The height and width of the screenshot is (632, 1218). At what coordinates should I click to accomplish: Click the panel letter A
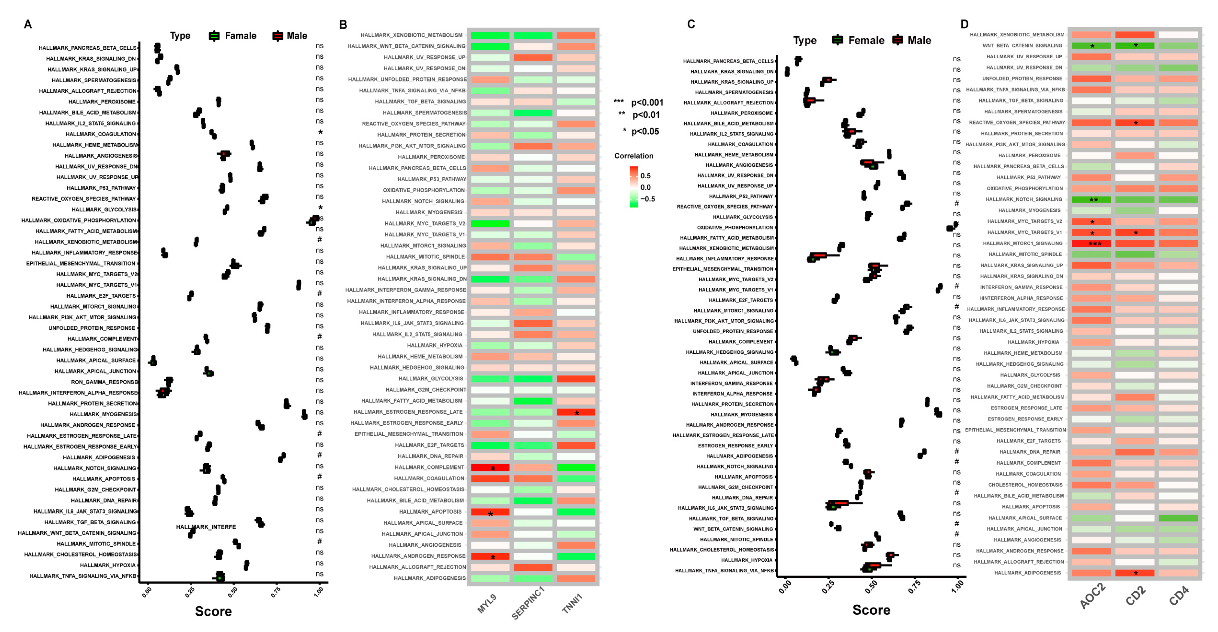point(28,24)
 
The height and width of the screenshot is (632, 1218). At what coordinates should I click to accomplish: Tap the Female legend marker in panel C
point(837,40)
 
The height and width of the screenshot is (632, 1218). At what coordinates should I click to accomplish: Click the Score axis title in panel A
point(213,611)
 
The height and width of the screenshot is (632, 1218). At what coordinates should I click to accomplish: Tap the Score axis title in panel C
point(871,610)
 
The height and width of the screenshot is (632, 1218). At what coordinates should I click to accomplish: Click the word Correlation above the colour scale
point(634,156)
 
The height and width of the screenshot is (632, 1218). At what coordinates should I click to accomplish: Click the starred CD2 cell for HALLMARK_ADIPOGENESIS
point(1135,573)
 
